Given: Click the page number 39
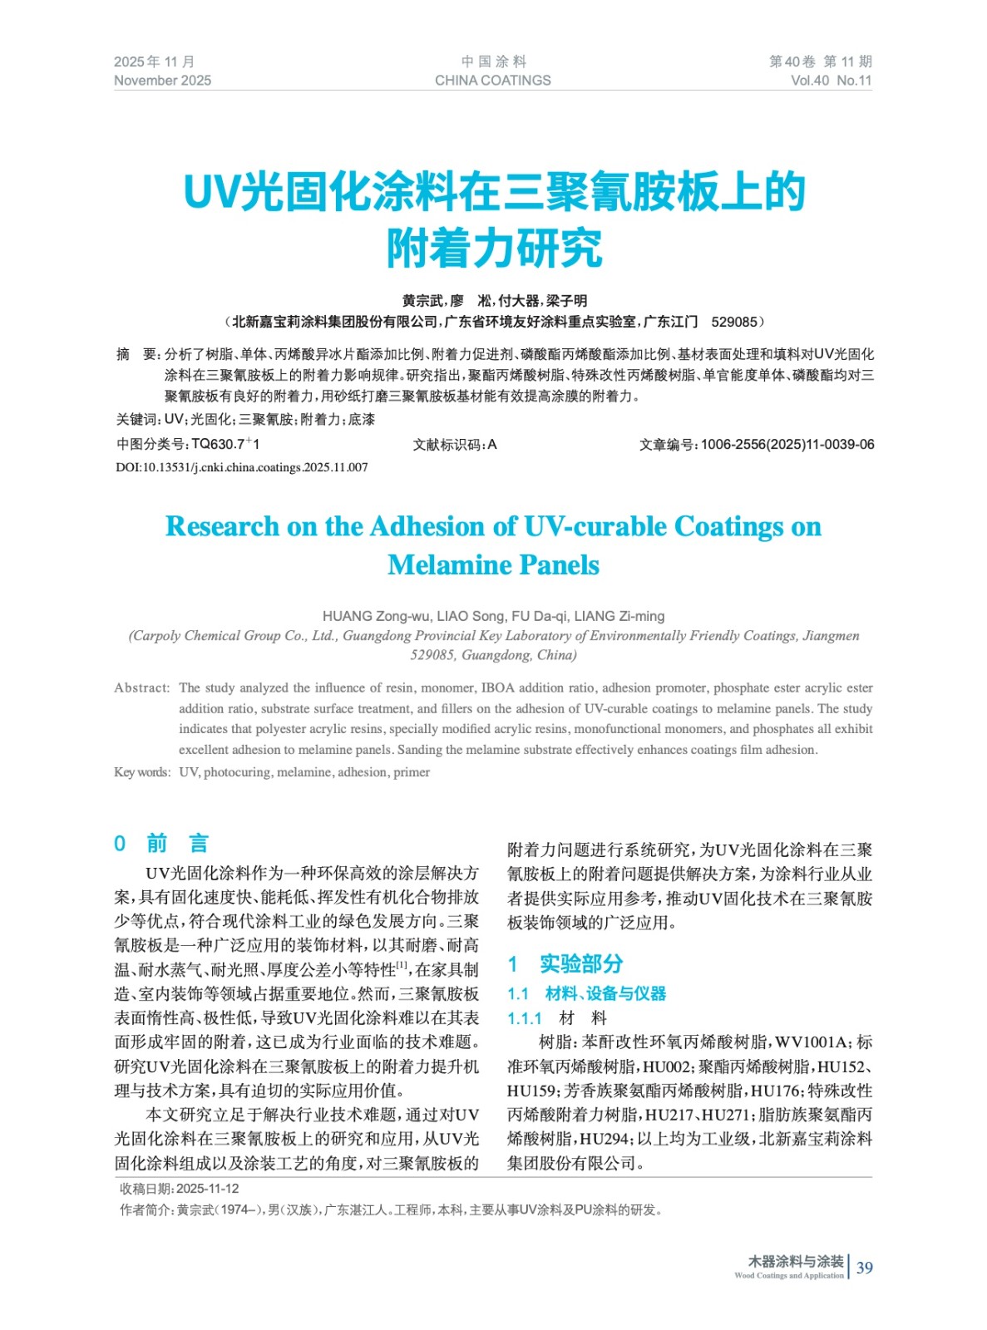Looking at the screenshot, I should point(865,1268).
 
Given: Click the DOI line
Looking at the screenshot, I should point(241,467).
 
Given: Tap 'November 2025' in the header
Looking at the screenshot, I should point(162,81).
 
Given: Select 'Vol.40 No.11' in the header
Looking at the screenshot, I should point(831,81).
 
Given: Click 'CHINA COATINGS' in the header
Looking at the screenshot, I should point(492,81).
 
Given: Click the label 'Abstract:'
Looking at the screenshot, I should point(142,688).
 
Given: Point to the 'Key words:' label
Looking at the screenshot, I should point(142,772).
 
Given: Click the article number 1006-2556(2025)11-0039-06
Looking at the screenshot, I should point(787,445).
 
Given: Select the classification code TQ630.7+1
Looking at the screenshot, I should point(225,445).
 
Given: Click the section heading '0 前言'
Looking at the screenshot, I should point(161,844).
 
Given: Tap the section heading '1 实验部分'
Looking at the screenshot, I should point(565,964).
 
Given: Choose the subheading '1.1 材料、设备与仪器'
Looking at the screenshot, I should point(587,993).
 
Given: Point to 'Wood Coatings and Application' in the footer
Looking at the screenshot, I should point(788,1276).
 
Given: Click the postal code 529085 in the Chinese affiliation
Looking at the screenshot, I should point(734,322).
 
